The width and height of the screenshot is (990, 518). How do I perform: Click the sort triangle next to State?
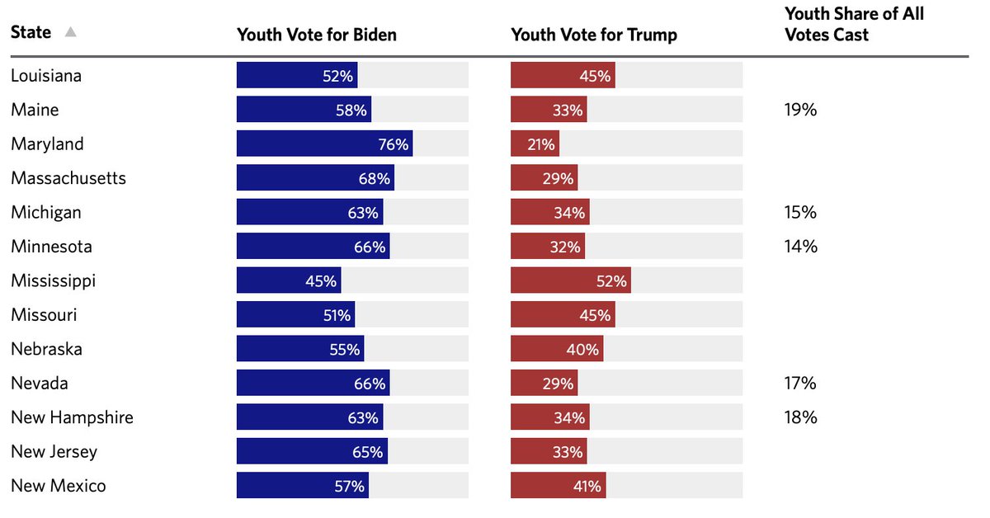(70, 32)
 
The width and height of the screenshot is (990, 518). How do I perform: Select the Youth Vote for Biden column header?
(317, 35)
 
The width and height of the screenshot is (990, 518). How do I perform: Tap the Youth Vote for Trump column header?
(594, 35)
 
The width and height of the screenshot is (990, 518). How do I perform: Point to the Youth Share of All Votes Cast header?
(854, 24)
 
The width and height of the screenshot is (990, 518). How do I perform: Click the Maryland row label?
(47, 144)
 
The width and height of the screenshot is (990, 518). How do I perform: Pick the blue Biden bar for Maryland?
(324, 144)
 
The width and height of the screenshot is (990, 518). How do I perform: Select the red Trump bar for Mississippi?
(571, 280)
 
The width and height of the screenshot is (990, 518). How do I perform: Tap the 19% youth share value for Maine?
(800, 110)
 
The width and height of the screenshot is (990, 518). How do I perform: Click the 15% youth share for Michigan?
(800, 212)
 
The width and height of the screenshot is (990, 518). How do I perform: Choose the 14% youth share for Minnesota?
(800, 247)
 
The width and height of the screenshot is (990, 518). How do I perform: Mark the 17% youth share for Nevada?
(800, 383)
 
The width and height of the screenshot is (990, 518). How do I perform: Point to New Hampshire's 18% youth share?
(800, 417)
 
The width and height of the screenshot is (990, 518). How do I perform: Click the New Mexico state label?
(59, 486)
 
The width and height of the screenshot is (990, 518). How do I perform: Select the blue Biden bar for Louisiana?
(297, 75)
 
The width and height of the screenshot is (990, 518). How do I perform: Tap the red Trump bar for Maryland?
(535, 144)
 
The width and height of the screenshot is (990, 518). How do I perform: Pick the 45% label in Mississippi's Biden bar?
(321, 281)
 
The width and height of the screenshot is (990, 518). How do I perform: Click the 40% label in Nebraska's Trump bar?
(582, 350)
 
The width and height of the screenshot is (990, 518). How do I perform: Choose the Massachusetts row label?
(68, 178)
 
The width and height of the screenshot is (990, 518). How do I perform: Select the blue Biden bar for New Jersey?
(312, 451)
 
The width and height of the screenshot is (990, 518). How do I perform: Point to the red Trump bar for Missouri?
(563, 315)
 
